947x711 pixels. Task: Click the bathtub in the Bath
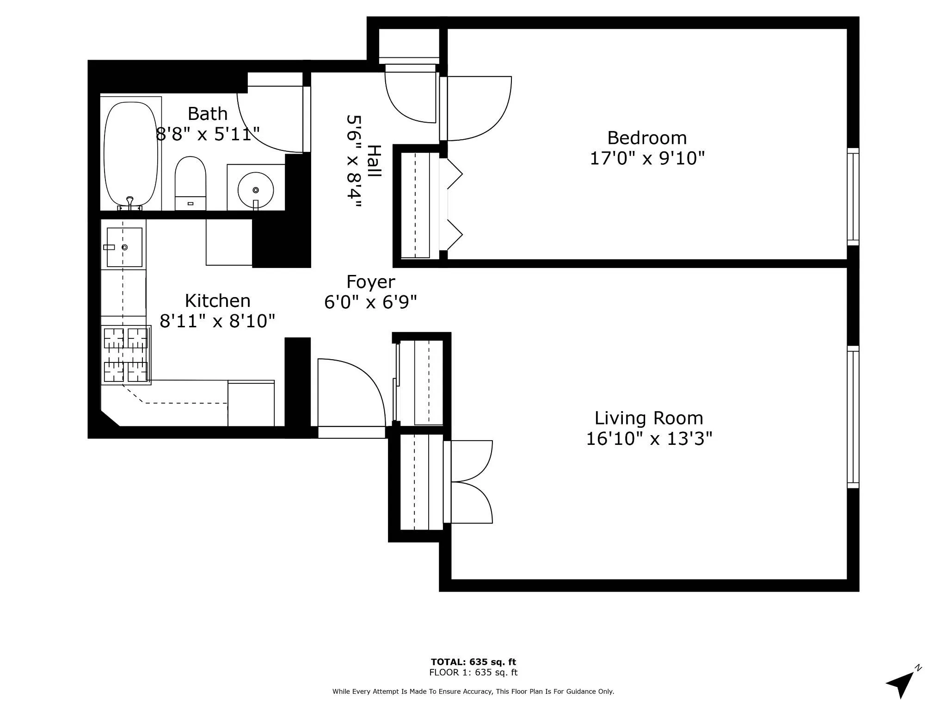pyautogui.click(x=131, y=154)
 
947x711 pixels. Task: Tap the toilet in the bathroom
pyautogui.click(x=190, y=182)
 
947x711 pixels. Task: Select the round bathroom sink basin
pyautogui.click(x=255, y=190)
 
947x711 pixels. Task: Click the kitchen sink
pyautogui.click(x=124, y=247)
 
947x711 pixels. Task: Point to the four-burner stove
pyautogui.click(x=126, y=355)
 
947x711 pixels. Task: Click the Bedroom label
pyautogui.click(x=646, y=138)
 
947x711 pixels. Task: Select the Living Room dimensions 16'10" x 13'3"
pyautogui.click(x=649, y=438)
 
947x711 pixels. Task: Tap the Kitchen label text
pyautogui.click(x=217, y=301)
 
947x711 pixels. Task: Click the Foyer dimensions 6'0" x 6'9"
pyautogui.click(x=370, y=302)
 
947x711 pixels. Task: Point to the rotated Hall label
pyautogui.click(x=374, y=161)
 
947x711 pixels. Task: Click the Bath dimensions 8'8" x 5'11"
pyautogui.click(x=208, y=134)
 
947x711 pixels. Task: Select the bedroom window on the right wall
pyautogui.click(x=853, y=197)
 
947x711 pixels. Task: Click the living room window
pyautogui.click(x=853, y=417)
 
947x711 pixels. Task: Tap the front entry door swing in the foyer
pyautogui.click(x=351, y=393)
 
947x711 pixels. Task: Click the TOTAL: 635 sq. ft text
pyautogui.click(x=473, y=662)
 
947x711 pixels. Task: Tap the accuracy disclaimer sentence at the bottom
pyautogui.click(x=473, y=692)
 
